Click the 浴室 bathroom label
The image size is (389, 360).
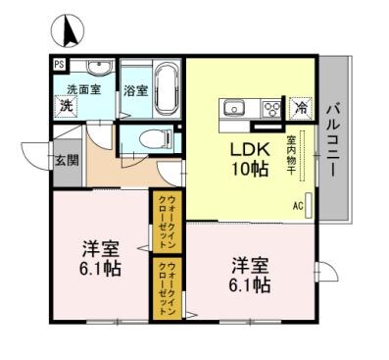[136, 91]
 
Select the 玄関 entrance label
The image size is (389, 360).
[66, 160]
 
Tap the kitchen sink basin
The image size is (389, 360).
[235, 108]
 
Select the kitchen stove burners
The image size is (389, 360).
[270, 108]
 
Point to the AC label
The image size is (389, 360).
[297, 206]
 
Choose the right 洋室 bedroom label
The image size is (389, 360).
[249, 275]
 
